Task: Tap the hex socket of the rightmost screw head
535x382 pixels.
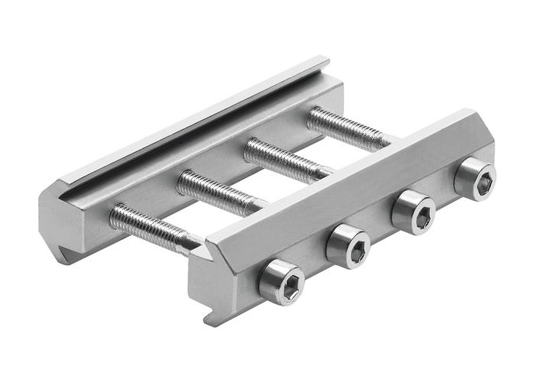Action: click(475, 180)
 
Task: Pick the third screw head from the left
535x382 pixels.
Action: click(413, 212)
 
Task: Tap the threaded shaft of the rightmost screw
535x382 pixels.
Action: click(344, 127)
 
